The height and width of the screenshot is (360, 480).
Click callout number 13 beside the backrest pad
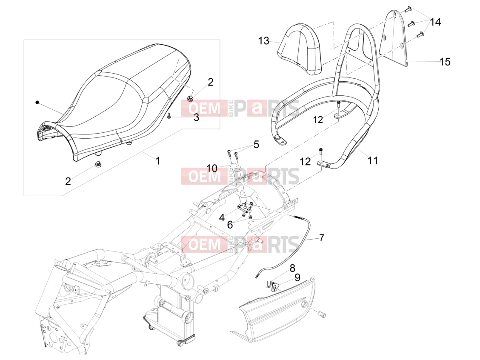263,41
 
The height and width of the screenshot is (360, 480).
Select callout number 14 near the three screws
435,22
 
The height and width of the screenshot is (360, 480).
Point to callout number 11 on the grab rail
372,160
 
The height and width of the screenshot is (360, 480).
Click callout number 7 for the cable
321,237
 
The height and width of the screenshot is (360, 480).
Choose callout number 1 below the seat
157,161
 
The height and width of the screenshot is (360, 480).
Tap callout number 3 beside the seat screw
196,117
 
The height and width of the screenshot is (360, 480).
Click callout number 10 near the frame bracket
212,168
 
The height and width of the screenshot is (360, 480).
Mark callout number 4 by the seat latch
222,217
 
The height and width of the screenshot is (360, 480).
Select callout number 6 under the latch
230,225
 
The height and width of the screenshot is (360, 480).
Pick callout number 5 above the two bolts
256,144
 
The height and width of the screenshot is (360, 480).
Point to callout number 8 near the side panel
292,268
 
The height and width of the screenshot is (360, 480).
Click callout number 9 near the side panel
297,277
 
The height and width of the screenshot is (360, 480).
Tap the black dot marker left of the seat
37,102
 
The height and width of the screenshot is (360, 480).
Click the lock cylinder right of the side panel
322,314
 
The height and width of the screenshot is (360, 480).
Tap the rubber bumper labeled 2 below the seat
98,164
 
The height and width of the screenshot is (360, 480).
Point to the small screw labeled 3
169,116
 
